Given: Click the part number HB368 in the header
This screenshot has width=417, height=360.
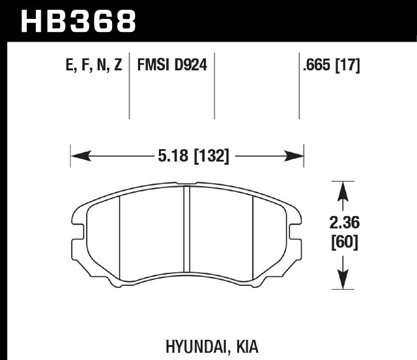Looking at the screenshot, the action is click(x=78, y=21).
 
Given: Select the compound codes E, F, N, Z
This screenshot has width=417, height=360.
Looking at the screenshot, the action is click(x=94, y=64).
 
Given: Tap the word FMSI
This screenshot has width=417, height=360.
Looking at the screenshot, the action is click(x=153, y=64).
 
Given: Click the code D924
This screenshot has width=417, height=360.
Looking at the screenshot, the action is click(x=190, y=64).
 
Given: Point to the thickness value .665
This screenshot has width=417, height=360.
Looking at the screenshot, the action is click(x=317, y=64).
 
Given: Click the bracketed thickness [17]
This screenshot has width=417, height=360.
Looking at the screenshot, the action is click(x=347, y=65).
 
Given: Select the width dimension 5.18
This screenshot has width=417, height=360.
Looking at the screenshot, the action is click(x=173, y=156).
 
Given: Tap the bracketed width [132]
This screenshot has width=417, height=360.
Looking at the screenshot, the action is click(x=211, y=156).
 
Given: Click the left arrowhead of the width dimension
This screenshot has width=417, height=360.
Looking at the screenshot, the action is click(x=81, y=156).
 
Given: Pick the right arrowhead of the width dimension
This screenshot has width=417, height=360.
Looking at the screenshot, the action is click(x=294, y=156).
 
